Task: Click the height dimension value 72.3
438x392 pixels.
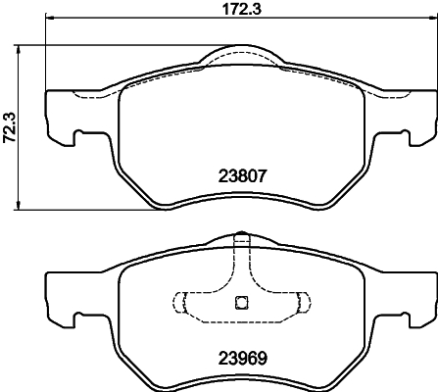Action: point(9,126)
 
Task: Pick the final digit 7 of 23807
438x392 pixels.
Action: point(264,177)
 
